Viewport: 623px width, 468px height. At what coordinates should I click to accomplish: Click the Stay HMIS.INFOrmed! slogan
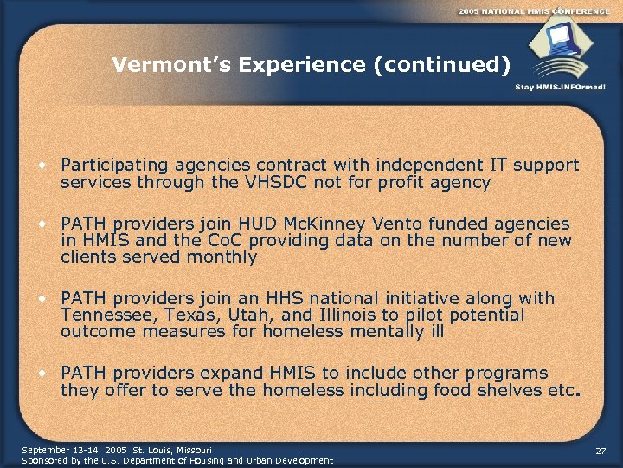(x=560, y=87)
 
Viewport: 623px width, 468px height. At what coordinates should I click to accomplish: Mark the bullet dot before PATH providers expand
(x=42, y=374)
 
